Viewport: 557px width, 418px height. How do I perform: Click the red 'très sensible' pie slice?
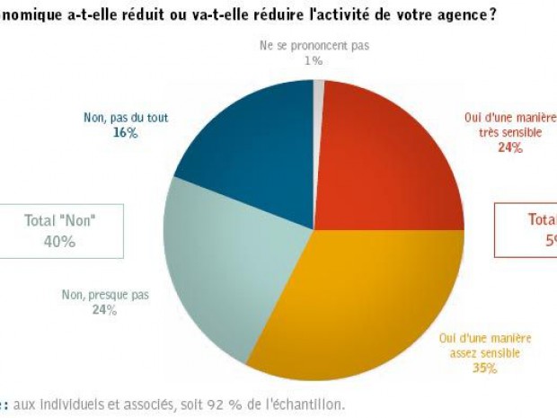pos(386,162)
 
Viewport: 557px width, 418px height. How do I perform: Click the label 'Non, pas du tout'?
pos(125,117)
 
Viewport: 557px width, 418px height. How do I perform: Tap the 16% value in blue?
pos(125,132)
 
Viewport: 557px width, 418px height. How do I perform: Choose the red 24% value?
pos(509,147)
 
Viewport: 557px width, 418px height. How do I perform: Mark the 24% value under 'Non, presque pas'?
pos(104,310)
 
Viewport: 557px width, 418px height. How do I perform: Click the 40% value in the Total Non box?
pos(60,241)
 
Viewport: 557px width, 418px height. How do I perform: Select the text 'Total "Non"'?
pos(60,220)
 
